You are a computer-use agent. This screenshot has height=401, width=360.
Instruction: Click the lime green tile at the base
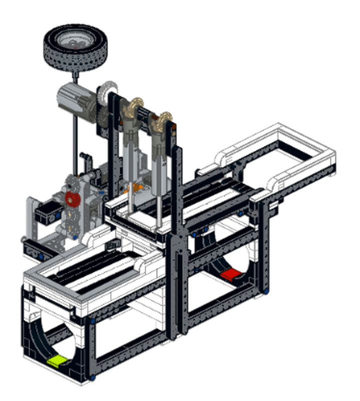click(x=59, y=360)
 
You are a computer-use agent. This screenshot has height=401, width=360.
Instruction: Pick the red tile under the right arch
click(x=231, y=274)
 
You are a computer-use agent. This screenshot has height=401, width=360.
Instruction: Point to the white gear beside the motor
click(x=105, y=93)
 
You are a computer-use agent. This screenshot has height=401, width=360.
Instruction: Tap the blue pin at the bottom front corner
click(x=92, y=377)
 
